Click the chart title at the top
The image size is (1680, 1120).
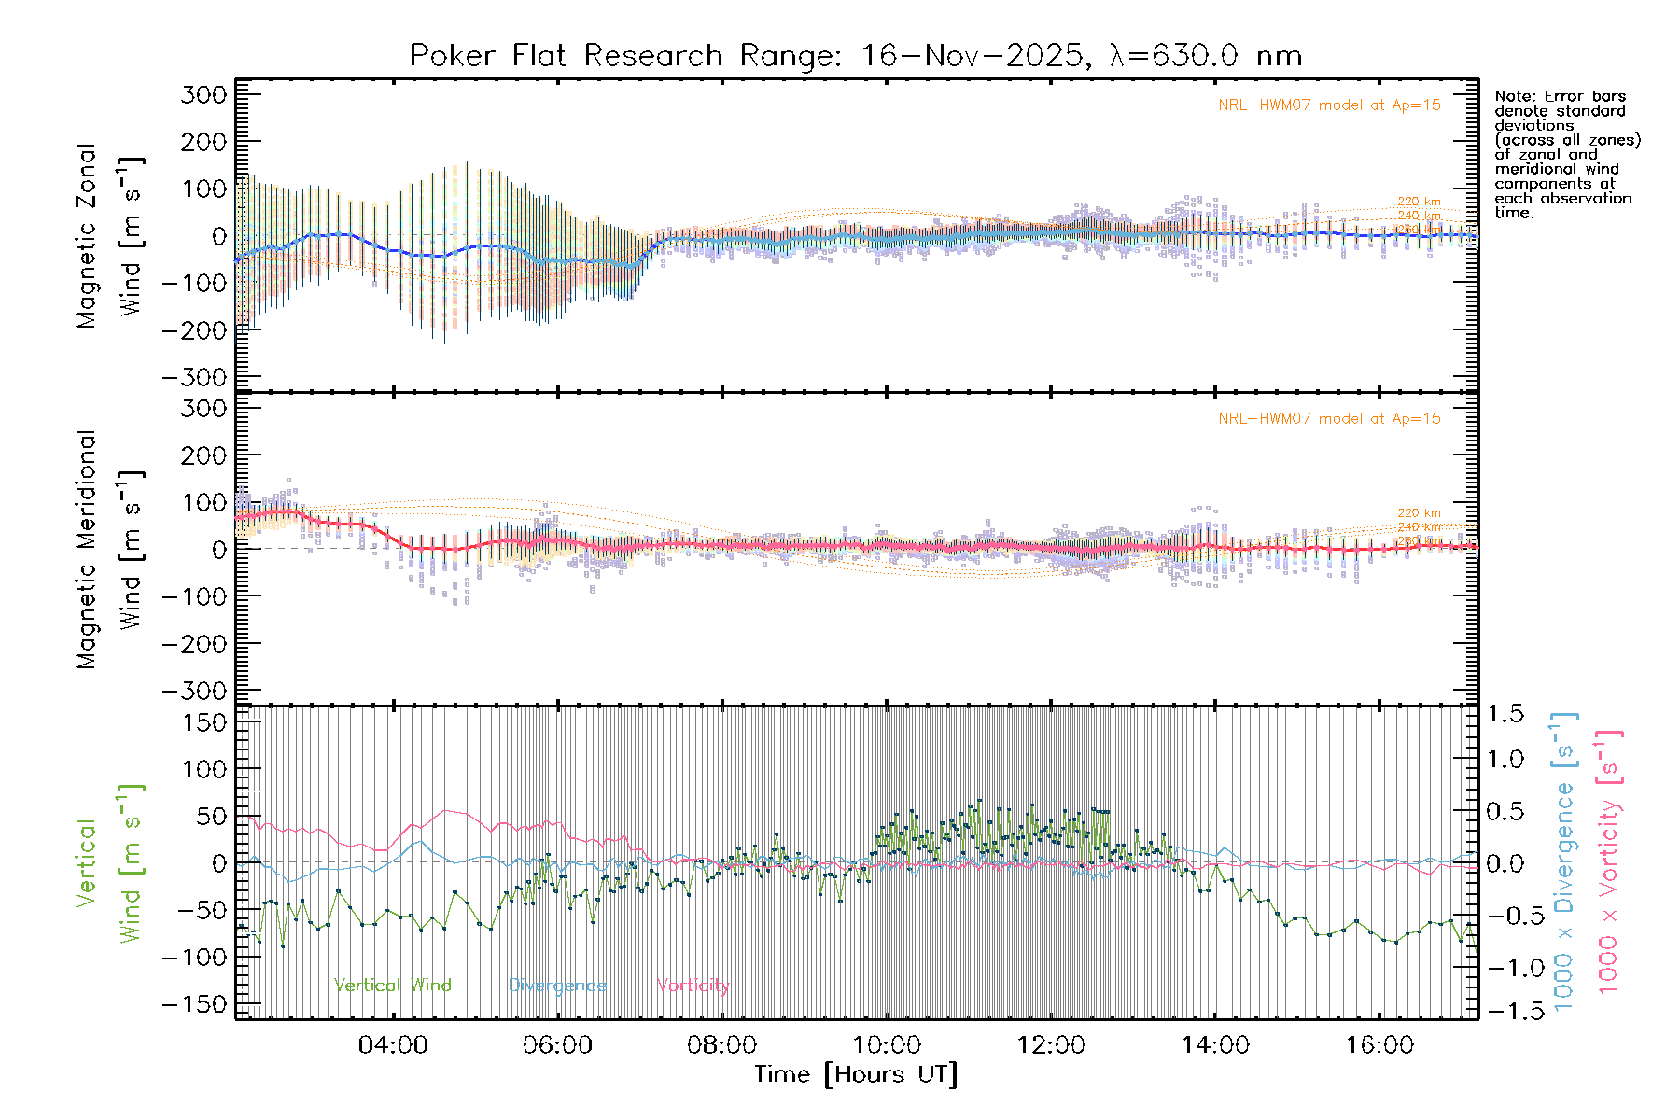pos(855,56)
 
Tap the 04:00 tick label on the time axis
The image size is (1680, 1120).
pos(393,1045)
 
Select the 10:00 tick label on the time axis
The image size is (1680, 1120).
pos(887,1045)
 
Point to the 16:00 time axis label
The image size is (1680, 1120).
pos(1379,1045)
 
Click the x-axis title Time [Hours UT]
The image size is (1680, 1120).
pos(855,1075)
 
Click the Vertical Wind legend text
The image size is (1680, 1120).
pos(392,986)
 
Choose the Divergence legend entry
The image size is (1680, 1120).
pos(557,986)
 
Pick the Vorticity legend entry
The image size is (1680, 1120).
pos(693,986)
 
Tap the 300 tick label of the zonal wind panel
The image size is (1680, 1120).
pos(203,94)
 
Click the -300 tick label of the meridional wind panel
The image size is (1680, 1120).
pos(194,691)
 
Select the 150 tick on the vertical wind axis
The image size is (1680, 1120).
pos(203,722)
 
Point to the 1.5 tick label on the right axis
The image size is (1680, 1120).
pos(1505,714)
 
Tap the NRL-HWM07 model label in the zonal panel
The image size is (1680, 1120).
pos(1329,105)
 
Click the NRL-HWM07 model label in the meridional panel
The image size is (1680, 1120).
pos(1329,419)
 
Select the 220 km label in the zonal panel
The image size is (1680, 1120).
pos(1419,202)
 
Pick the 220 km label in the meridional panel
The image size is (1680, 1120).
pos(1419,513)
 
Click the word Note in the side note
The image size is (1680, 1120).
pos(1512,96)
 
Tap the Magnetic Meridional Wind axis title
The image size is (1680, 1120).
pos(87,550)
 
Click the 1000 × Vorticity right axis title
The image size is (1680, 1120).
pos(1608,863)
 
